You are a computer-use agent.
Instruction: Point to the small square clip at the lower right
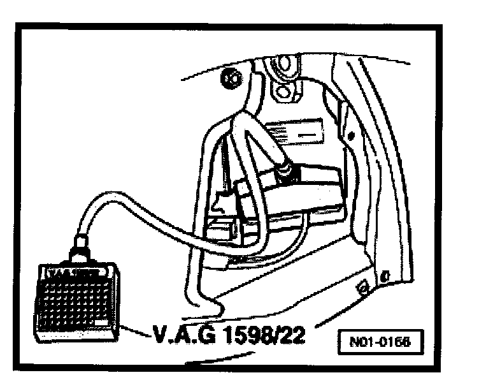pos(364,288)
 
